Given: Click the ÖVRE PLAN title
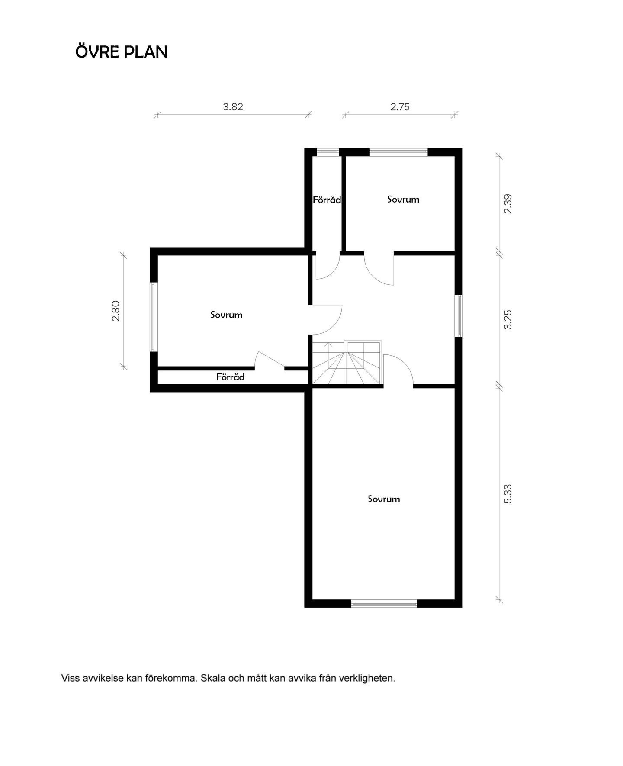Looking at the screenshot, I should pos(122,52).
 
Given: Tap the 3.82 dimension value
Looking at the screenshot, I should pos(233,107).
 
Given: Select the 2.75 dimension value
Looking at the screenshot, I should pos(400,107).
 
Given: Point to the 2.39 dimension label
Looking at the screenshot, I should pos(508,204).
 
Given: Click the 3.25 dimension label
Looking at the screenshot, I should pos(508,319).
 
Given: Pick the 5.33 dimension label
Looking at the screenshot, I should pos(508,493).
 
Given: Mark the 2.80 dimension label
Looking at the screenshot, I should pos(116,311).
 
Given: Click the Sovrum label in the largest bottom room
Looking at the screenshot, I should pos(384,499).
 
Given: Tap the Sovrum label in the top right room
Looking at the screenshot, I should pos(403,200).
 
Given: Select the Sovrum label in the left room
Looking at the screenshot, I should pos(226,315).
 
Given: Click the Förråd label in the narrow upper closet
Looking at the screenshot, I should pos(327,200).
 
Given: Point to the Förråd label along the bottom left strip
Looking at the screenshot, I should pos(230,377).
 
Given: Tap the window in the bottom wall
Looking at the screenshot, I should pos(384,603).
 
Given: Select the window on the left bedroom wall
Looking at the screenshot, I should pos(153,317).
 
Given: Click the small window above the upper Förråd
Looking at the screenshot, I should pos(328,152).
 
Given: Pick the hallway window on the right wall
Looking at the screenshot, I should pos(459,315).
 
